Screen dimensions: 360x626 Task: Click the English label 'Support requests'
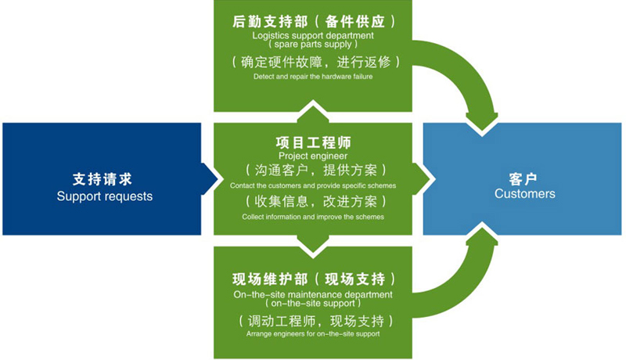point(105,196)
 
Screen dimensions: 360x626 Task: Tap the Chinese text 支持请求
point(105,178)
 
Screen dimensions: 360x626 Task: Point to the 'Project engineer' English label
point(313,156)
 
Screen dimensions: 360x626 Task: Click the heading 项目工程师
point(313,143)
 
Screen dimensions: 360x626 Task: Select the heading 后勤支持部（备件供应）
point(313,22)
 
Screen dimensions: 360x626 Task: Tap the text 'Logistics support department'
point(313,35)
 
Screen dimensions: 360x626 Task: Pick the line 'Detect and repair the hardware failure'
point(313,77)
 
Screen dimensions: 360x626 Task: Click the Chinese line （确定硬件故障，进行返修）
point(313,61)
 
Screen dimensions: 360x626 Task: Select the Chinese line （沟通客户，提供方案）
point(313,171)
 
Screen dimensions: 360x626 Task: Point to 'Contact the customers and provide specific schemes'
point(313,186)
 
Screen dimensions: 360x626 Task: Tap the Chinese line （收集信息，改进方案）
point(313,201)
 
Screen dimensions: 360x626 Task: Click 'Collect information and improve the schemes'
point(313,217)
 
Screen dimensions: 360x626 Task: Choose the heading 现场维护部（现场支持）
point(313,279)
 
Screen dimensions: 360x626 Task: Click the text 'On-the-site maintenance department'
point(313,294)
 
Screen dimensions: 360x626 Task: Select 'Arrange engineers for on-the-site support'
point(313,334)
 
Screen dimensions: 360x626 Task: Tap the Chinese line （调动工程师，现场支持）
point(313,320)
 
